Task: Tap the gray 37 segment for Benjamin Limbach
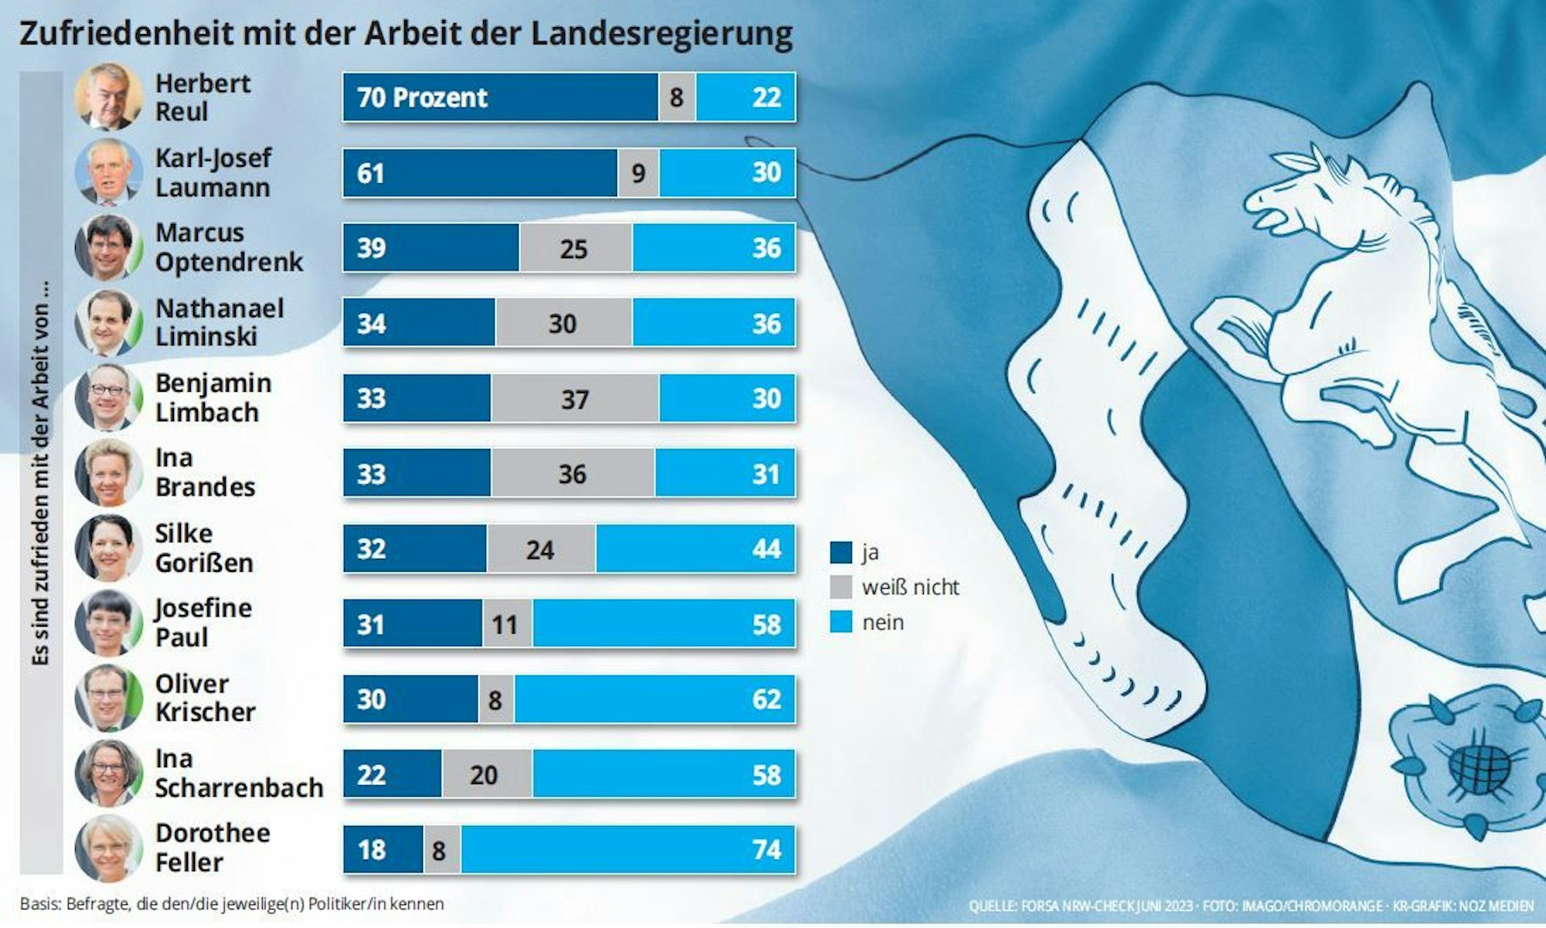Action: (x=574, y=399)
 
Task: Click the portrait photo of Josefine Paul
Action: (x=108, y=624)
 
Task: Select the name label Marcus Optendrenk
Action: (x=229, y=247)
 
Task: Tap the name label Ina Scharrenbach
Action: (x=238, y=773)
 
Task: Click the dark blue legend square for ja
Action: (x=840, y=552)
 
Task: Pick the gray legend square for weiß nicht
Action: (x=840, y=587)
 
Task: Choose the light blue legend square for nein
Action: (x=840, y=622)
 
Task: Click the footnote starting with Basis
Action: (x=232, y=904)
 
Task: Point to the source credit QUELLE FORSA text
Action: (x=1082, y=906)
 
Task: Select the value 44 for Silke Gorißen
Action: (x=766, y=549)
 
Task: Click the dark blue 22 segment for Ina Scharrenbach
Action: (x=393, y=774)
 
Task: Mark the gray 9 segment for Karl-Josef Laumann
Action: (x=638, y=173)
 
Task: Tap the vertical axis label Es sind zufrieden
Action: (x=41, y=475)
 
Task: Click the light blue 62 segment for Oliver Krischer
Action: (x=653, y=699)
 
